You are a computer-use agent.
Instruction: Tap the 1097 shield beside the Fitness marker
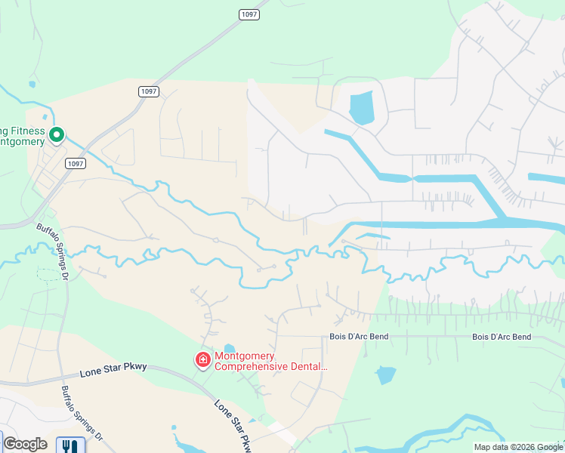pyautogui.click(x=75, y=163)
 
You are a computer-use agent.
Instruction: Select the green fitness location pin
pyautogui.click(x=56, y=136)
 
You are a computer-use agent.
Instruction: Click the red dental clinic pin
pyautogui.click(x=203, y=360)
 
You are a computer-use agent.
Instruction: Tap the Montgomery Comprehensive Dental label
pyautogui.click(x=271, y=362)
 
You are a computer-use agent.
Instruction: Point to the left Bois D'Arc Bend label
pyautogui.click(x=358, y=337)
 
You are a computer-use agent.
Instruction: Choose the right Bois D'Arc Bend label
pyautogui.click(x=502, y=337)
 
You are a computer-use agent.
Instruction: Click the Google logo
pyautogui.click(x=25, y=444)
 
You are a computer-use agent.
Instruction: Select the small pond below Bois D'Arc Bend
pyautogui.click(x=385, y=374)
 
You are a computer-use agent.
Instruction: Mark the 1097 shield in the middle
pyautogui.click(x=149, y=91)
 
